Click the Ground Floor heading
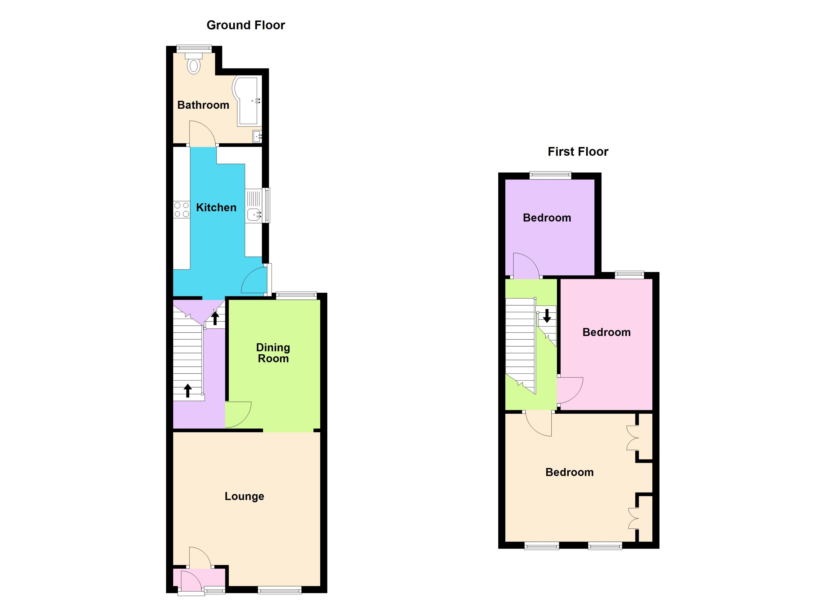[x=246, y=25]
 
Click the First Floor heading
[x=578, y=152]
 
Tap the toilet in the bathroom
[x=194, y=64]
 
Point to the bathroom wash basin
[x=257, y=137]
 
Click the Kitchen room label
[x=216, y=207]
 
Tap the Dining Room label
[x=273, y=353]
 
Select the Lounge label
[x=244, y=496]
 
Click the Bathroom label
[x=203, y=105]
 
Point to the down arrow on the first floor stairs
[x=547, y=316]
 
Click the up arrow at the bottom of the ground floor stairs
[x=187, y=390]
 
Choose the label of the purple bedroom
[x=547, y=218]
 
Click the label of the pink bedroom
[x=606, y=332]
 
